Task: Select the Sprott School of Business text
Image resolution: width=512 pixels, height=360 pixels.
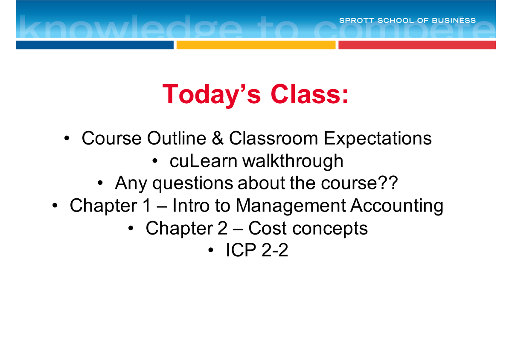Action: coord(407,20)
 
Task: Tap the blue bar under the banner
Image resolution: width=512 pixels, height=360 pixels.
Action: coord(95,45)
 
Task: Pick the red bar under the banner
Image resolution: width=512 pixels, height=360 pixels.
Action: coord(417,45)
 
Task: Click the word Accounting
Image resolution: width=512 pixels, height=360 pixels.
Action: coord(397,206)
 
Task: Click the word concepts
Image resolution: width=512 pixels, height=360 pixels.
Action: coord(331,229)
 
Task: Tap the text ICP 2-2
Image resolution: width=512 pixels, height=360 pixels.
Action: coord(257,251)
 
